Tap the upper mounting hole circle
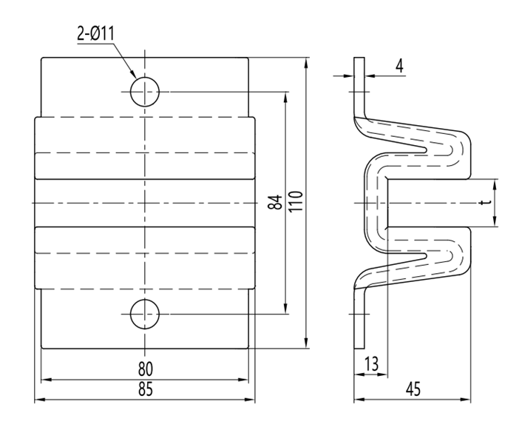pyautogui.click(x=145, y=91)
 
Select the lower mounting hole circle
pyautogui.click(x=145, y=315)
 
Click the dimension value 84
pyautogui.click(x=275, y=203)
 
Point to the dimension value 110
pyautogui.click(x=296, y=203)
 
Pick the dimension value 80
pyautogui.click(x=145, y=368)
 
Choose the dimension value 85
pyautogui.click(x=145, y=390)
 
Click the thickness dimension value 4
pyautogui.click(x=398, y=66)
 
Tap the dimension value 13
pyautogui.click(x=372, y=363)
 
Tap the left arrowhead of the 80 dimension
pyautogui.click(x=44, y=380)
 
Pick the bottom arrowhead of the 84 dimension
pyautogui.click(x=285, y=311)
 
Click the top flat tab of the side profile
pyautogui.click(x=359, y=81)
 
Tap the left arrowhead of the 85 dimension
pyautogui.click(x=39, y=401)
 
